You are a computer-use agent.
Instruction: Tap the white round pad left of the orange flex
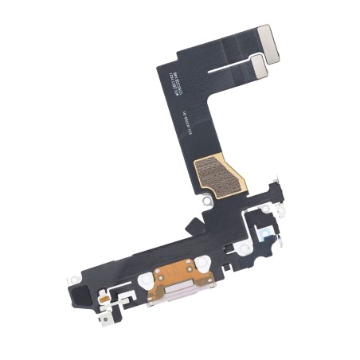coord(145,280)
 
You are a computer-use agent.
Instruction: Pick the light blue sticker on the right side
coord(263,232)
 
